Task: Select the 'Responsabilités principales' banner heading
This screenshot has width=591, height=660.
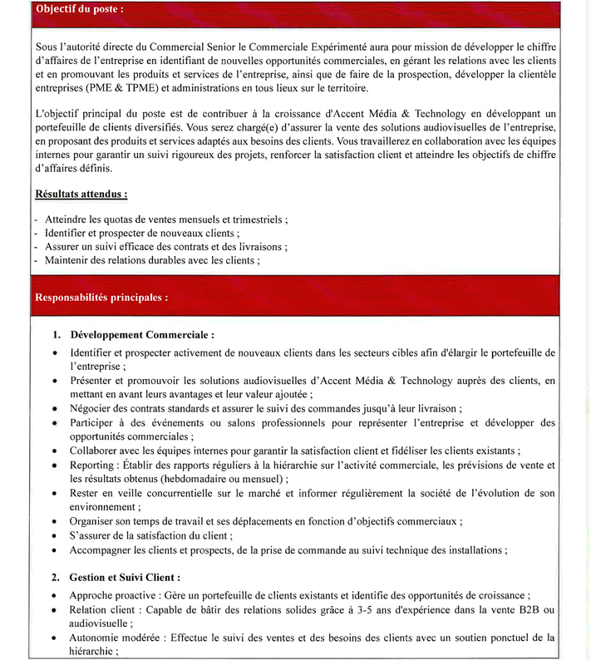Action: (x=101, y=296)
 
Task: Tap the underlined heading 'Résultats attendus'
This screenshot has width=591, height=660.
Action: (x=81, y=194)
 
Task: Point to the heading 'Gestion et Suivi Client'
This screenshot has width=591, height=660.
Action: (x=126, y=576)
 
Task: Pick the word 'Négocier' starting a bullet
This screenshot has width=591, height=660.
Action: (x=92, y=408)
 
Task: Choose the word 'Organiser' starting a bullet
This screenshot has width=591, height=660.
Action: (x=95, y=521)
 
